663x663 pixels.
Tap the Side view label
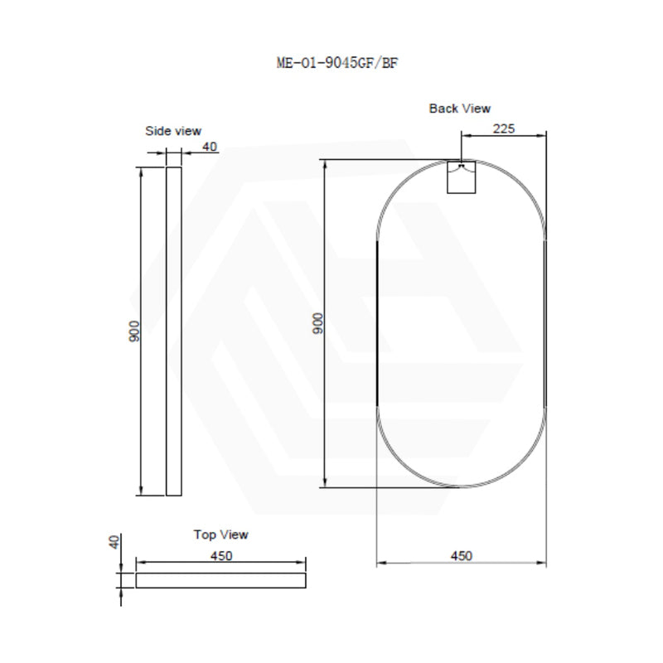pos(173,131)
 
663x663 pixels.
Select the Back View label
pos(460,109)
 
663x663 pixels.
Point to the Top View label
pos(220,535)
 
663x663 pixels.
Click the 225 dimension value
pos(505,128)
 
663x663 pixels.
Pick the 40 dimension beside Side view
pos(210,147)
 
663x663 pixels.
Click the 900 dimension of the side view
pos(135,331)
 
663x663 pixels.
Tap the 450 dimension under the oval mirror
pos(462,556)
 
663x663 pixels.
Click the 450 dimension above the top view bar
pos(220,556)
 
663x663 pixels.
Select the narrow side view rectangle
pos(173,331)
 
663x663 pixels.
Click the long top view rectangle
pos(220,580)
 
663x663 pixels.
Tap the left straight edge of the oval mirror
pos(377,323)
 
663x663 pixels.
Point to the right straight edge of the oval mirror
pos(546,323)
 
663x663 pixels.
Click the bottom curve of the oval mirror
pos(462,486)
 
